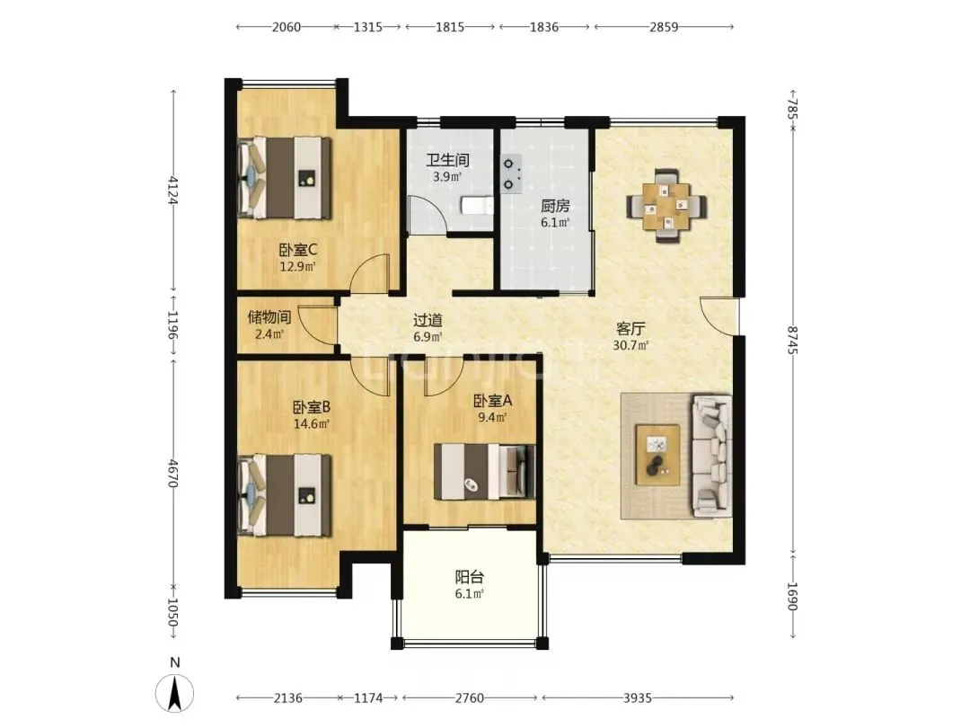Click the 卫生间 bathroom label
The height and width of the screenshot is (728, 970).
pos(448,160)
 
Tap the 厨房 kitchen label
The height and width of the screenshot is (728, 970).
pos(555,206)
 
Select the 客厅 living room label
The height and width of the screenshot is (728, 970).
pos(631,329)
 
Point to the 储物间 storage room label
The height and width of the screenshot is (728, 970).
pos(269,317)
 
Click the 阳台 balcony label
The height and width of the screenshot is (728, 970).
pos(470,578)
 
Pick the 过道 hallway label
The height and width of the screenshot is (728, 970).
pos(428,321)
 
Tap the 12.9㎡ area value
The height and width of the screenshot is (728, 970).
pos(297,267)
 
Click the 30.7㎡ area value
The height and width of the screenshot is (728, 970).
pos(630,345)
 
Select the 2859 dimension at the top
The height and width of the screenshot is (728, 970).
pos(664,27)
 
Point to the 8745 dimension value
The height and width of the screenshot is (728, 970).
pos(793,339)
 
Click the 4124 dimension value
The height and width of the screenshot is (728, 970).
pos(174,190)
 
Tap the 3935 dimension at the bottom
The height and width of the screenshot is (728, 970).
pos(638,698)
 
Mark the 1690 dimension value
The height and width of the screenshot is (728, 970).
pos(793,596)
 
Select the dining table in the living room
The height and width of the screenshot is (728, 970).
pos(666,206)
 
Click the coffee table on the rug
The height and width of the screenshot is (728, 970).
pos(657,455)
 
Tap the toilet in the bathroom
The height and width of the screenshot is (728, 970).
pos(477,206)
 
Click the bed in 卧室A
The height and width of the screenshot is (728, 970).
pos(484,472)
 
